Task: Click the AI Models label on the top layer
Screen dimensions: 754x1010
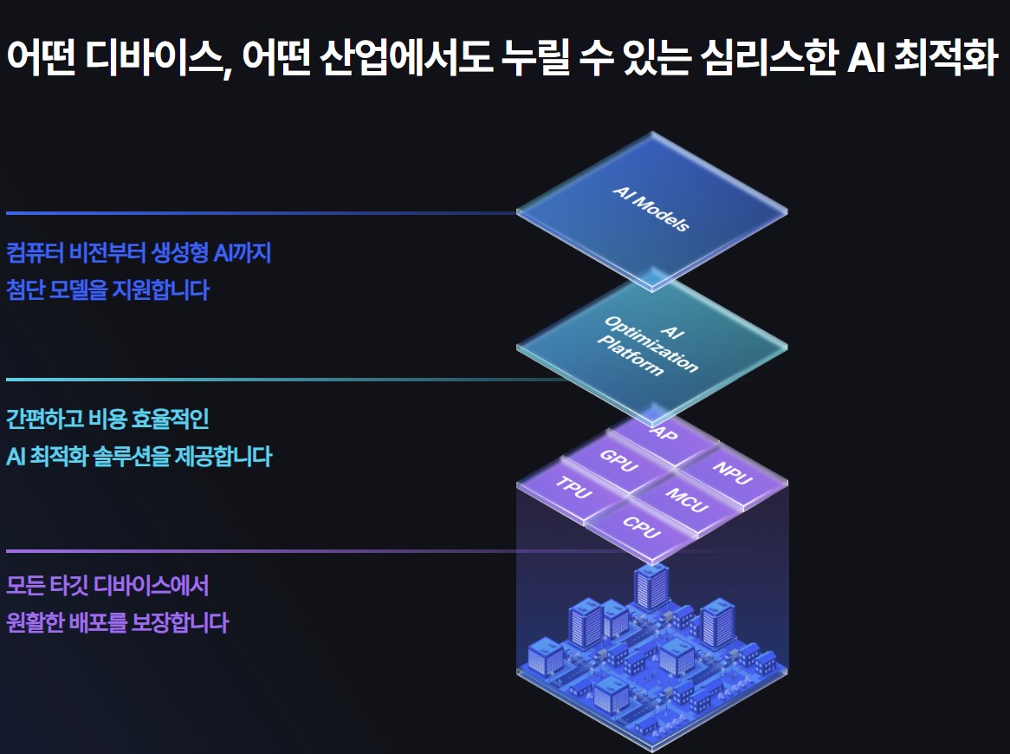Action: pyautogui.click(x=651, y=209)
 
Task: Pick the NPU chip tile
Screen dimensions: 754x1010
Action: pyautogui.click(x=733, y=473)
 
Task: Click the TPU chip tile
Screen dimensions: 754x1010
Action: pyautogui.click(x=573, y=489)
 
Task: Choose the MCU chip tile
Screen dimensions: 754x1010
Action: pyautogui.click(x=687, y=498)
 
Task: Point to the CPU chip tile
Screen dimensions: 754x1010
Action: pyautogui.click(x=642, y=525)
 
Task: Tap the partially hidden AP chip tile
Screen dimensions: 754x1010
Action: pyautogui.click(x=664, y=432)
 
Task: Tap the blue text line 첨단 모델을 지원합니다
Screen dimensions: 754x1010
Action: pyautogui.click(x=107, y=289)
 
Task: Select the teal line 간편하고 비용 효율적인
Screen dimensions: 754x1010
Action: pyautogui.click(x=107, y=420)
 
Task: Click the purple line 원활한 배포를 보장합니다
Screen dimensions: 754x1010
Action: pyautogui.click(x=117, y=622)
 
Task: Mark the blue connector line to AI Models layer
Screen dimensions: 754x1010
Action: pyautogui.click(x=260, y=212)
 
